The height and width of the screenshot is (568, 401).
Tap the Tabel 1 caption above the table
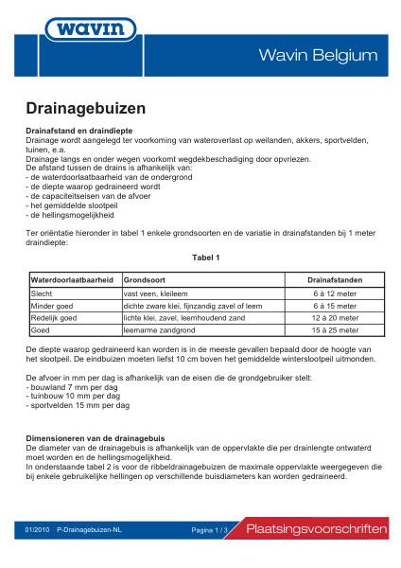(204, 257)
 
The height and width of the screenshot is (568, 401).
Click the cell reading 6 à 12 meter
(336, 294)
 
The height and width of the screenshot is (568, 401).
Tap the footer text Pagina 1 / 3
(211, 530)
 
